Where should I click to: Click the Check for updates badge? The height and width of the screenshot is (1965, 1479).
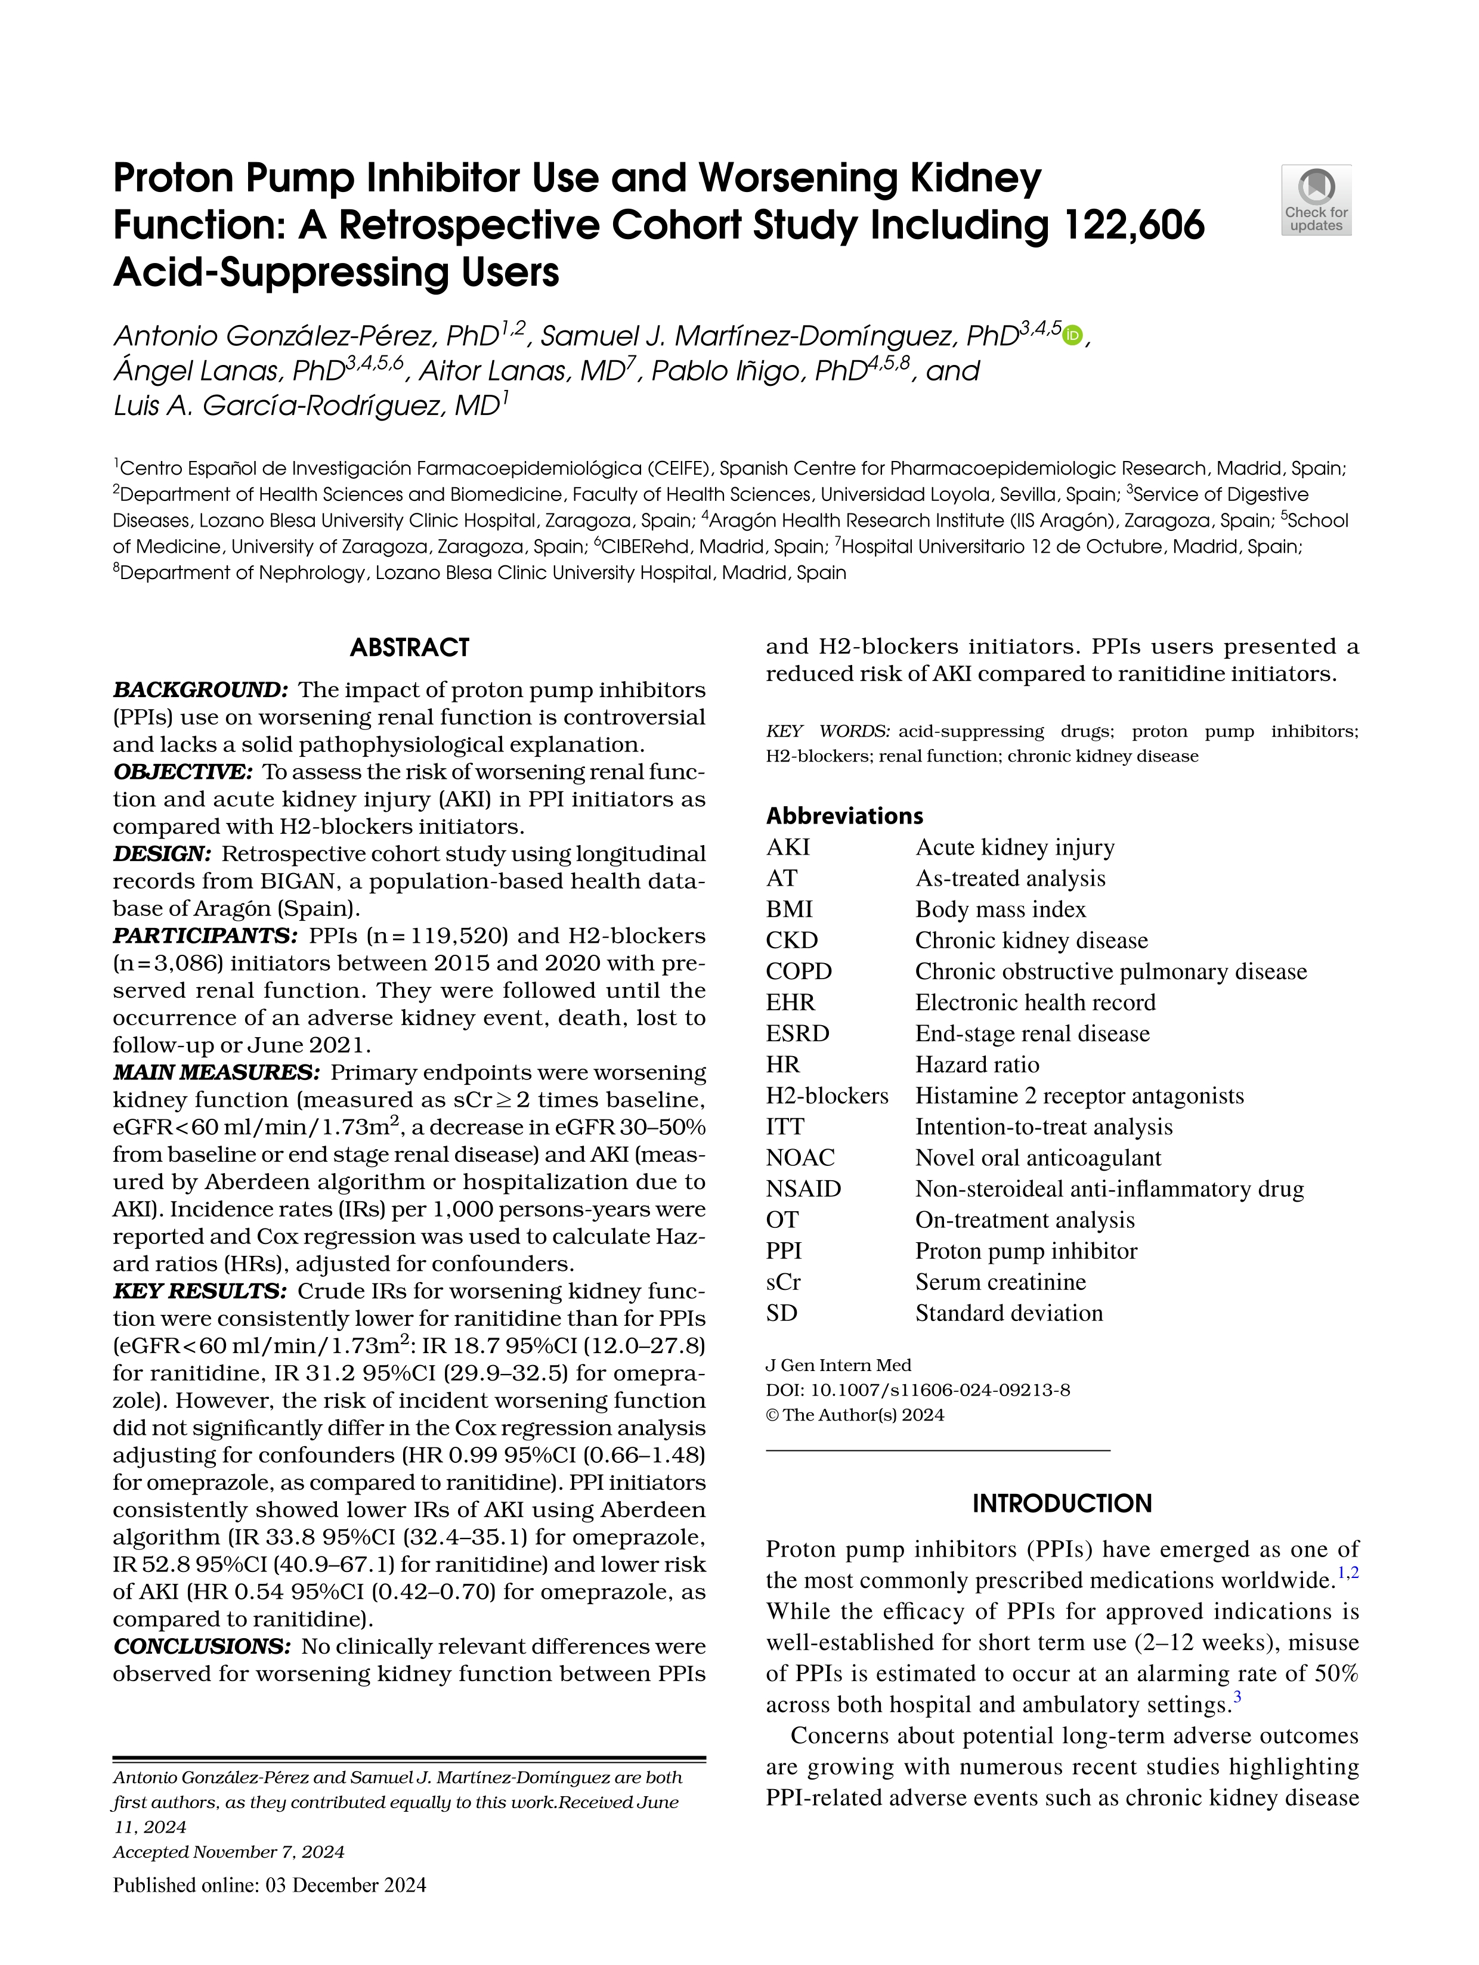pos(1316,200)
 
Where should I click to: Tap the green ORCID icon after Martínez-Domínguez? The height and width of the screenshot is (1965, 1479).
pos(1073,336)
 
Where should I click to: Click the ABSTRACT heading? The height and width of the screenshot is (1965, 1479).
pos(410,648)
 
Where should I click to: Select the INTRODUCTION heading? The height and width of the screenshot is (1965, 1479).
pos(1062,1503)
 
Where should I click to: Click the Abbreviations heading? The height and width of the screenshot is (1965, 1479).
pos(845,815)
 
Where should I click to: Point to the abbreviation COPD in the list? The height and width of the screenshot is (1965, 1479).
pos(799,971)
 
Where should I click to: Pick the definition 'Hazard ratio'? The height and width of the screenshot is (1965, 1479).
pos(976,1064)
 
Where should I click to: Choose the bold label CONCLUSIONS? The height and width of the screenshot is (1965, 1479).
pos(202,1646)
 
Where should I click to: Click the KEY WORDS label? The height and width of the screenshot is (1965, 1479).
pos(827,731)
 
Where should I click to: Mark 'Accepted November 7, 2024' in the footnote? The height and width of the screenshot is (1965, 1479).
pos(228,1852)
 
